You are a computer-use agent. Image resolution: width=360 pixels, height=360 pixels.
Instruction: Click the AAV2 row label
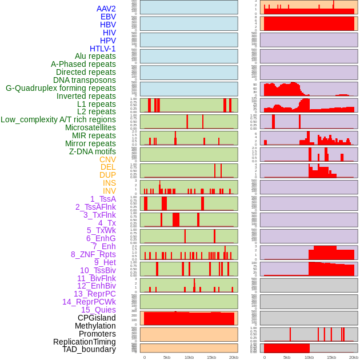[x=106, y=9]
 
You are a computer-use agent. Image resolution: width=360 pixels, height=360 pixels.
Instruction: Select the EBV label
[x=108, y=17]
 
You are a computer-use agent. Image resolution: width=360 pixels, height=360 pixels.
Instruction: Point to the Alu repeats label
[x=95, y=56]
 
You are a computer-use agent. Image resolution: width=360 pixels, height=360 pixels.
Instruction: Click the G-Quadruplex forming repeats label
[x=61, y=88]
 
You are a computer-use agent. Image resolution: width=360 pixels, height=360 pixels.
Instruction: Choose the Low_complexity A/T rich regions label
[x=58, y=119]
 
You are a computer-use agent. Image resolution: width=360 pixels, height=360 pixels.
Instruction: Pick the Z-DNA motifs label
[x=92, y=151]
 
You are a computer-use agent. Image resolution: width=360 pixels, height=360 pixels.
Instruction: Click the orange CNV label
[x=107, y=159]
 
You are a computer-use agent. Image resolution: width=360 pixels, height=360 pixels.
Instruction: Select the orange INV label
[x=109, y=191]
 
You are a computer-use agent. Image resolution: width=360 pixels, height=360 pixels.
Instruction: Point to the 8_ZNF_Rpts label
[x=93, y=254]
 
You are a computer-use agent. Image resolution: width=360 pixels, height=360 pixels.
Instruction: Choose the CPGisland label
[x=97, y=318]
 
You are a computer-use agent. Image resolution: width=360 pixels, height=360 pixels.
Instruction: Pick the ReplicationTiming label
[x=85, y=342]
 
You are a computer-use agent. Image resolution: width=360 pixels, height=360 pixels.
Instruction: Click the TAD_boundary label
[x=89, y=349]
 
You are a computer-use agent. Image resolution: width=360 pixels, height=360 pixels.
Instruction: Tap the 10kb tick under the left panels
[x=189, y=357]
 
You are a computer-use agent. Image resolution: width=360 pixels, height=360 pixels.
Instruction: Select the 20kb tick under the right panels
[x=354, y=357]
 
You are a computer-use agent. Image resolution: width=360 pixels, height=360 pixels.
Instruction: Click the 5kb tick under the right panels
[x=287, y=357]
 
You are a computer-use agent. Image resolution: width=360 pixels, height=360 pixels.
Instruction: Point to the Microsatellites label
[x=90, y=127]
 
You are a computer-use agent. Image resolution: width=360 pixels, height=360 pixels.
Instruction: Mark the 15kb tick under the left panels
[x=211, y=357]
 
